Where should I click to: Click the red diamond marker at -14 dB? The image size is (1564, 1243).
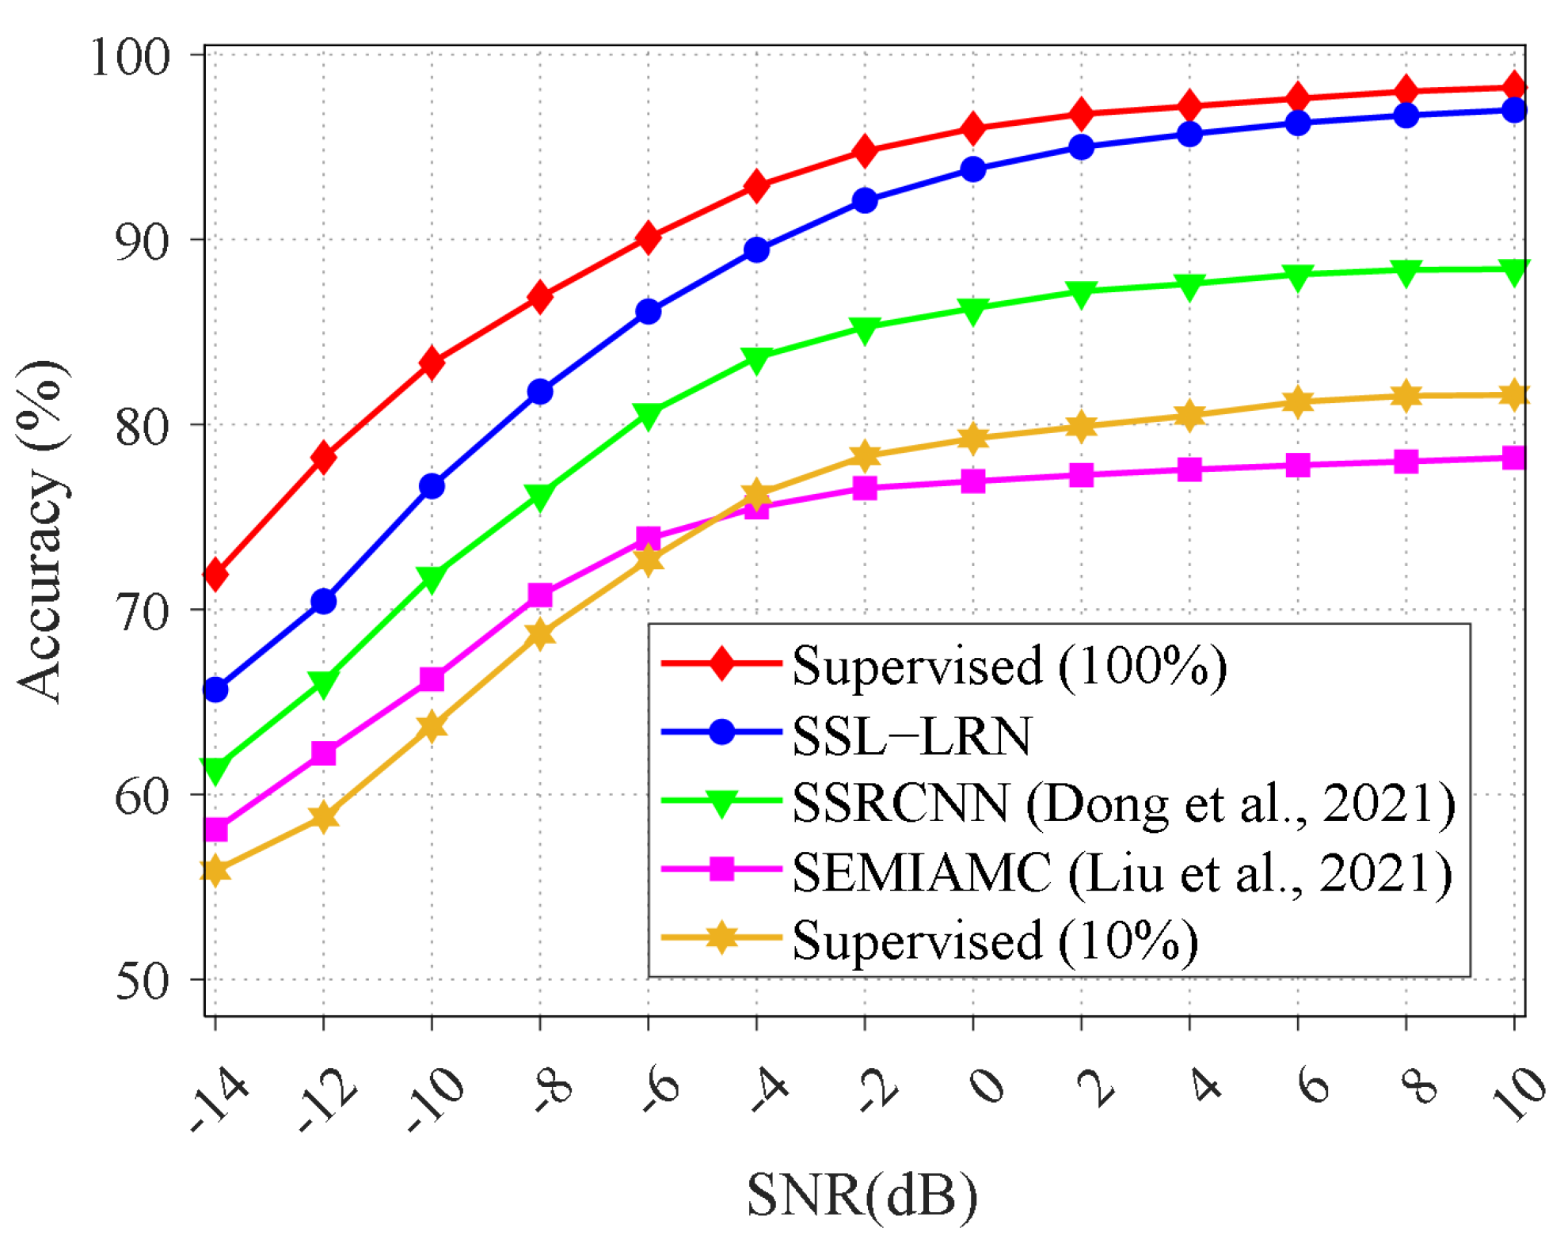tap(215, 574)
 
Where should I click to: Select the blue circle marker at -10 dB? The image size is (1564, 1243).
tap(432, 486)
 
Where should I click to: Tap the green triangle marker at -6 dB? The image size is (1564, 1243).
tap(649, 415)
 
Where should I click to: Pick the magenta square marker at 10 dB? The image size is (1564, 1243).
tap(1514, 458)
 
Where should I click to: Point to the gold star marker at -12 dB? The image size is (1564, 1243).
tap(323, 817)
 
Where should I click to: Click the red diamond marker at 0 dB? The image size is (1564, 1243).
tap(973, 128)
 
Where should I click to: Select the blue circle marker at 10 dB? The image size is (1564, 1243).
tap(1514, 110)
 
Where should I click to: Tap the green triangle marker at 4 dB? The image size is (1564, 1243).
tap(1189, 287)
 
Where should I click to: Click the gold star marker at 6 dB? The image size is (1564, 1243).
tap(1298, 402)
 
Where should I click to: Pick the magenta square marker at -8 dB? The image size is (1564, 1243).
tap(540, 595)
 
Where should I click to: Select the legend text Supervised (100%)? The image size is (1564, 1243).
tap(1010, 665)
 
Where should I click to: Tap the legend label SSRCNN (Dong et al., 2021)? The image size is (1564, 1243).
tap(1123, 804)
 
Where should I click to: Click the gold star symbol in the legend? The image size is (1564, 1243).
tap(721, 939)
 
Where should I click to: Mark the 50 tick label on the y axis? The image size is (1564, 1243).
tap(143, 982)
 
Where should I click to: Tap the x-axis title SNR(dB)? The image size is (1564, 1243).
tap(862, 1195)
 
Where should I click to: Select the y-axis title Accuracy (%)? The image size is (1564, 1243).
tap(41, 530)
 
